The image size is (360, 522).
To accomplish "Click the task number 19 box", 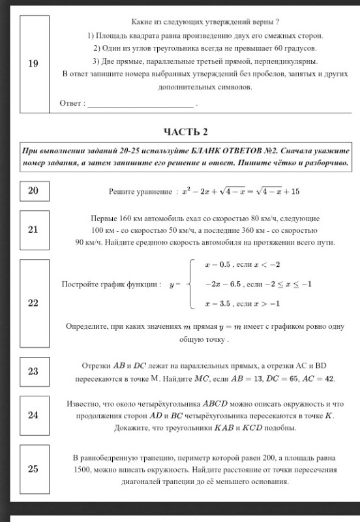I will tap(33, 63).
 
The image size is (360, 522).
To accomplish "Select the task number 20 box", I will tap(33, 191).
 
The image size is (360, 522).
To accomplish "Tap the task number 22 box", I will tap(33, 303).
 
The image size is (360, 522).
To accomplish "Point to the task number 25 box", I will tap(33, 468).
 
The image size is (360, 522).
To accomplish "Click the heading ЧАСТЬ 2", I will tap(186, 132).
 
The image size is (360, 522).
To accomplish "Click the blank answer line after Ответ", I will tap(141, 103).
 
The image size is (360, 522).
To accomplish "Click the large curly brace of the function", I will tap(190, 284).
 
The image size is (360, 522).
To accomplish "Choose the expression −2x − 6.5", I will tap(222, 284).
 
